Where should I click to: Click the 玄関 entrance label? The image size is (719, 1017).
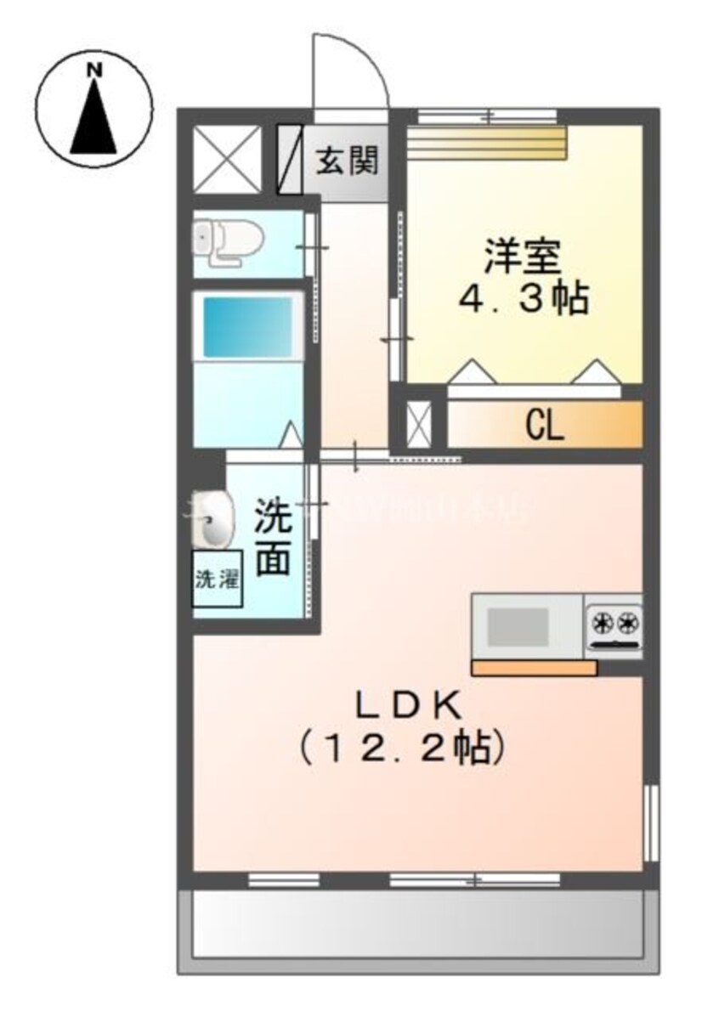coord(347,160)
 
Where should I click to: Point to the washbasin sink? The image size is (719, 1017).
coord(213,520)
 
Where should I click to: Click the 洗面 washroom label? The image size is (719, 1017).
coord(274,538)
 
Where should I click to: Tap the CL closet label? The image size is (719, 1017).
coord(544,426)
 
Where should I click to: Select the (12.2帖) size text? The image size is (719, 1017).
coord(400,747)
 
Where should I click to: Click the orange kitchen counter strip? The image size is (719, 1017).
coord(535,668)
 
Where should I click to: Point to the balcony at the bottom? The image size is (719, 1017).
coord(416,923)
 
